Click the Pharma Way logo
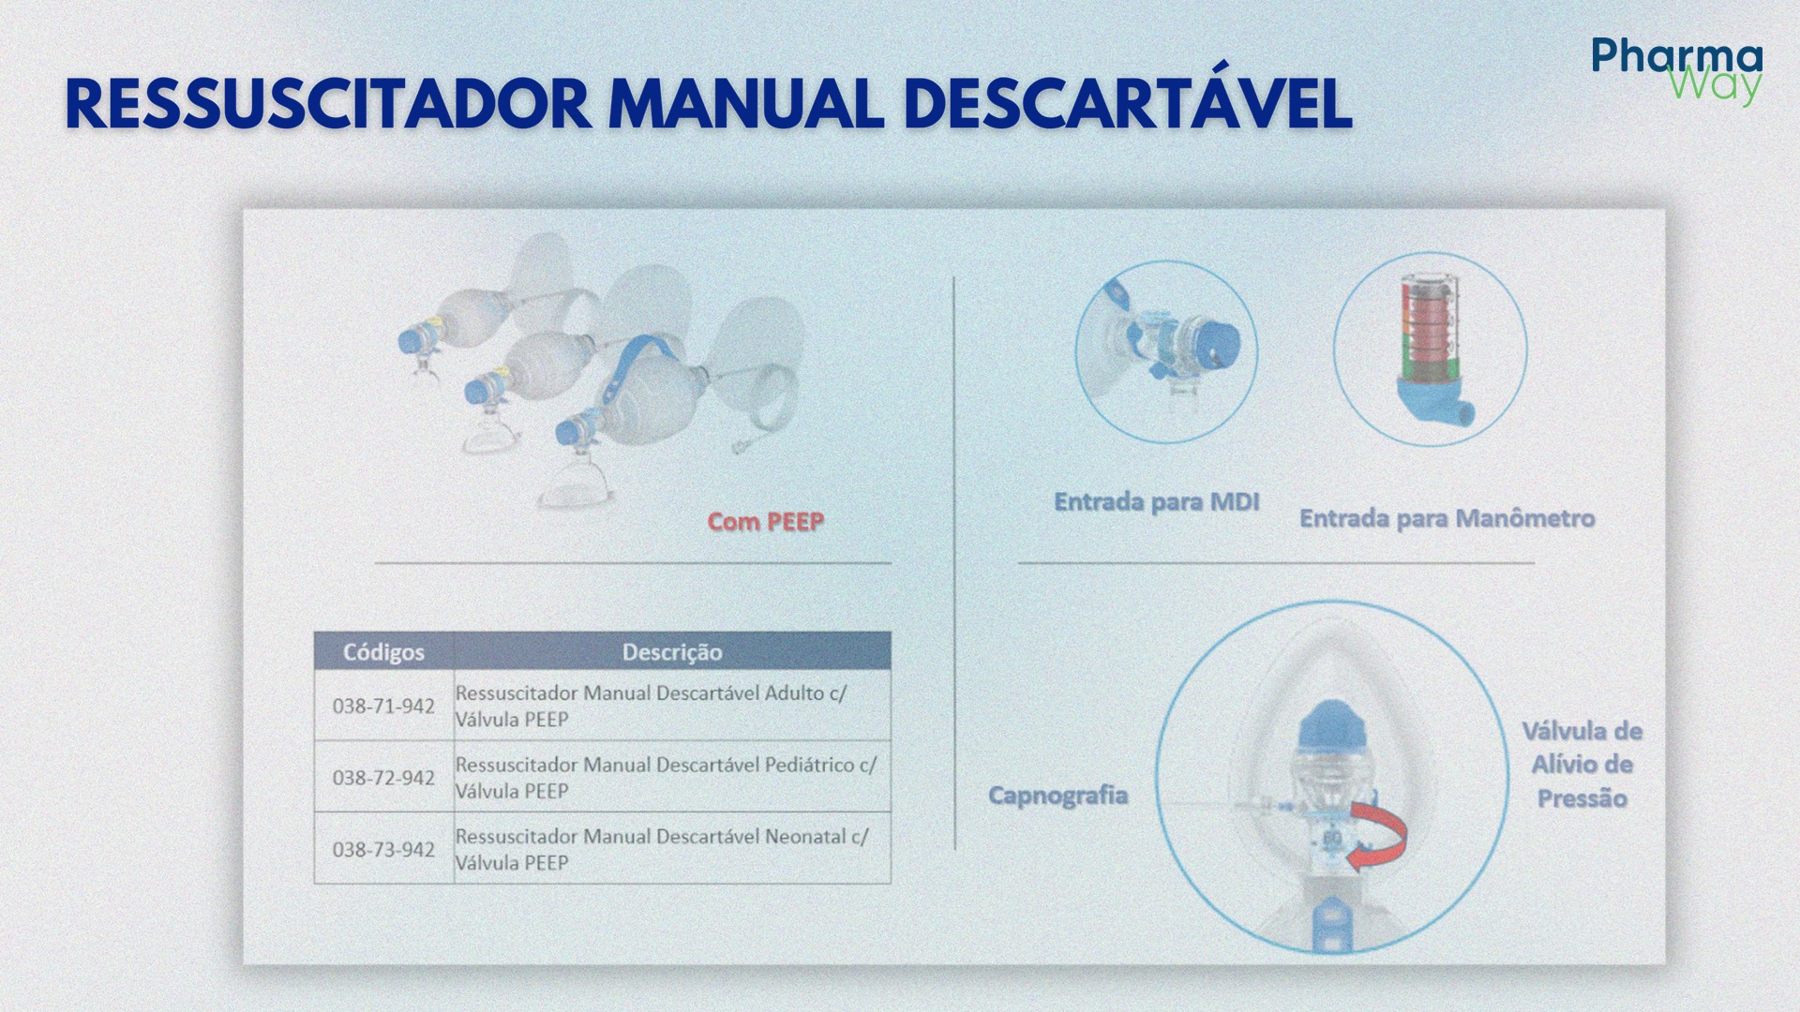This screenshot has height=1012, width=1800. (x=1676, y=70)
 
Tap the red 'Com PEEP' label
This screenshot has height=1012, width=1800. (x=765, y=522)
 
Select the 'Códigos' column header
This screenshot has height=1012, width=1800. (x=383, y=652)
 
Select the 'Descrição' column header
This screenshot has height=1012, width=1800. (x=671, y=652)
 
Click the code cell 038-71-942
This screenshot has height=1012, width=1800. (x=383, y=706)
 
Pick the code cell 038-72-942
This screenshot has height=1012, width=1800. (x=383, y=778)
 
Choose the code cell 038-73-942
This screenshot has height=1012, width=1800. (x=383, y=849)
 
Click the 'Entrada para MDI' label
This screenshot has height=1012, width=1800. (x=1156, y=502)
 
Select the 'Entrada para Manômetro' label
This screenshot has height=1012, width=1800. (x=1446, y=518)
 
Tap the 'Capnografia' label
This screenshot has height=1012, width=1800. (x=1057, y=796)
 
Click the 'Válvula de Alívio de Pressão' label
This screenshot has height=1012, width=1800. (x=1582, y=765)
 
